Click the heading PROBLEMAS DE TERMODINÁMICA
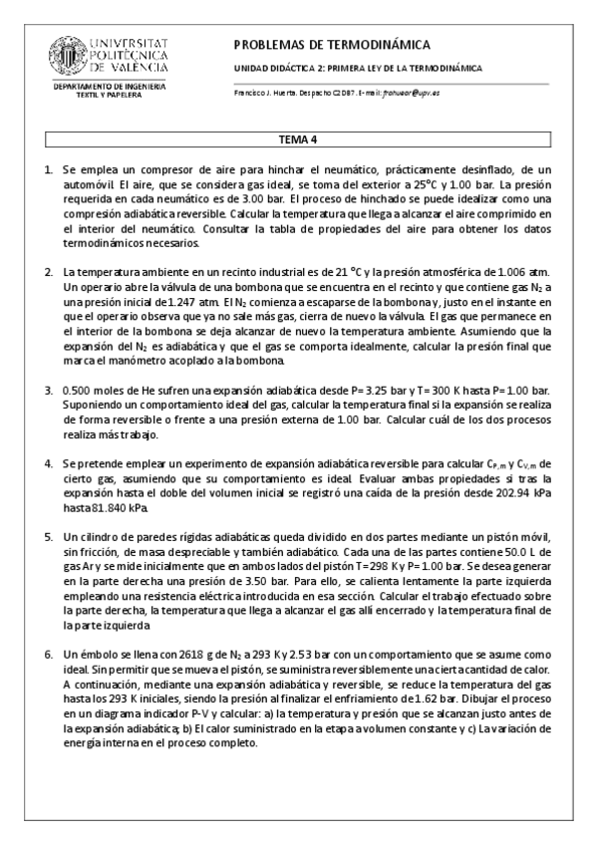pyautogui.click(x=331, y=45)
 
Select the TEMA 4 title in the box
pyautogui.click(x=297, y=140)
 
